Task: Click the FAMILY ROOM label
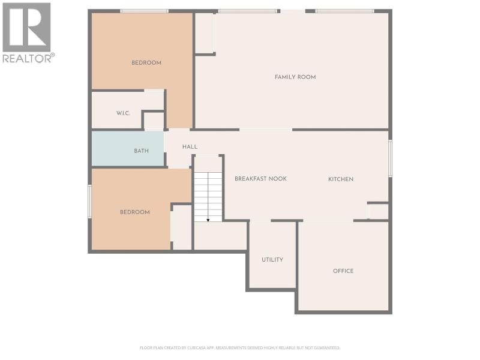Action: pos(295,77)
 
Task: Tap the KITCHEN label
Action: pos(341,179)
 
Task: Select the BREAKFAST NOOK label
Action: pos(260,178)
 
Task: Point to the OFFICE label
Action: pos(343,271)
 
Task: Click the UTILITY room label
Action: pos(272,260)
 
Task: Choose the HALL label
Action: pos(190,146)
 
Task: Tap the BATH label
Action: pos(141,151)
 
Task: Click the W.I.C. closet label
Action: pos(123,113)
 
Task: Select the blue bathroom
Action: pos(128,149)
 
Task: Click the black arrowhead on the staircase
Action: pos(208,220)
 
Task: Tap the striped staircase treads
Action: pos(208,197)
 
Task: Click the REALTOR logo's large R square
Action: pos(26,27)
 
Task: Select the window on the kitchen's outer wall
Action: pos(391,158)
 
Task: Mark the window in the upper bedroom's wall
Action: pos(144,11)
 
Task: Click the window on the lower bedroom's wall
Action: pos(89,202)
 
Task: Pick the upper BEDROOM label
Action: pos(146,63)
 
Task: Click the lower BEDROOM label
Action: pos(134,212)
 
